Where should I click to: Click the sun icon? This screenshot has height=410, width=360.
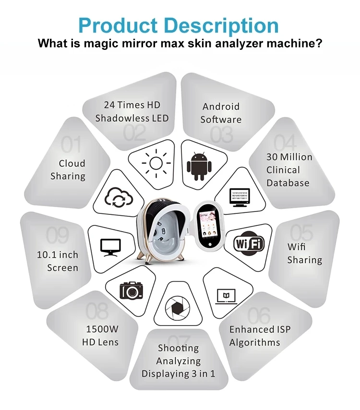pyautogui.click(x=156, y=163)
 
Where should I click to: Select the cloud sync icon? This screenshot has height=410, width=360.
pyautogui.click(x=118, y=196)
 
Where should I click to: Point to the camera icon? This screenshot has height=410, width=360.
pyautogui.click(x=131, y=290)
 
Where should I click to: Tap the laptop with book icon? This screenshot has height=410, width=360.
pyautogui.click(x=225, y=295)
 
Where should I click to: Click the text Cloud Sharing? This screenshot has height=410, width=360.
pyautogui.click(x=68, y=170)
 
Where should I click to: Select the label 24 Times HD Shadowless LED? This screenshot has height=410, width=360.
pyautogui.click(x=132, y=111)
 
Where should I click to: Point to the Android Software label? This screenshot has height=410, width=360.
pyautogui.click(x=221, y=113)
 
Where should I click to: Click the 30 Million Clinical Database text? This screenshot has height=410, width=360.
pyautogui.click(x=289, y=170)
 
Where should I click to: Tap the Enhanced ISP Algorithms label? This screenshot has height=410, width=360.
pyautogui.click(x=260, y=336)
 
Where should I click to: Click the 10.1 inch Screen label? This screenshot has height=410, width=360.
pyautogui.click(x=58, y=261)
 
